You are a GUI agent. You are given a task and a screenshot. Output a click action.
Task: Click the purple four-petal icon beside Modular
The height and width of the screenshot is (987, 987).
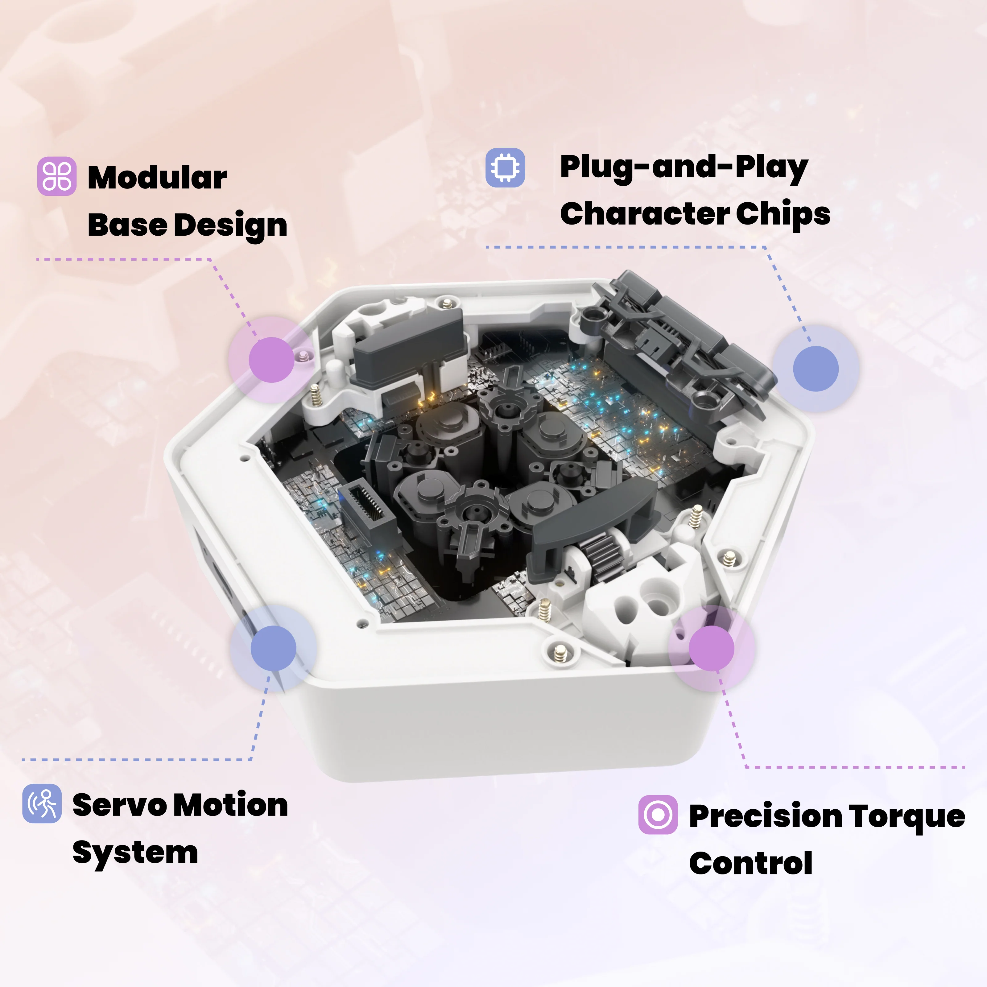click(x=57, y=176)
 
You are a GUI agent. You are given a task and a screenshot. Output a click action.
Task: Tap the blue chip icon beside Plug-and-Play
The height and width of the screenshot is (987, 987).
click(x=505, y=167)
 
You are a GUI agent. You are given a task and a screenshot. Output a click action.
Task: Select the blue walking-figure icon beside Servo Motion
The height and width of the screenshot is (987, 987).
click(x=42, y=803)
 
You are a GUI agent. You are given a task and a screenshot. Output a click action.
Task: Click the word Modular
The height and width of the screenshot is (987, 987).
click(x=157, y=177)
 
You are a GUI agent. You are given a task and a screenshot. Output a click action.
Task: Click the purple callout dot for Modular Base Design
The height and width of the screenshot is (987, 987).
click(x=271, y=360)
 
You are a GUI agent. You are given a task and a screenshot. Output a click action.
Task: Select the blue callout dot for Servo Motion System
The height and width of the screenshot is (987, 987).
click(x=273, y=648)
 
